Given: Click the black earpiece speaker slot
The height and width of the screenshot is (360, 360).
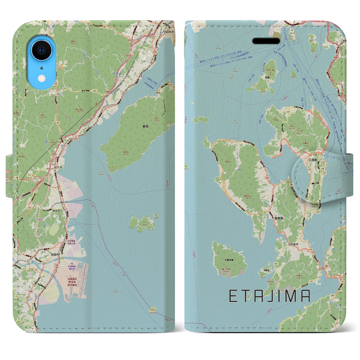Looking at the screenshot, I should click(x=266, y=41).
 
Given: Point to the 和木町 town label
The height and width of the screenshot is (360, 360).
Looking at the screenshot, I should click(x=56, y=210).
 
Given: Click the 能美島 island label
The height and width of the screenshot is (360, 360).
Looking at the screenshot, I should click(x=278, y=218).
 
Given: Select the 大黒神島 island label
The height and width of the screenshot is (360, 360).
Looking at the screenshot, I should click(x=228, y=260).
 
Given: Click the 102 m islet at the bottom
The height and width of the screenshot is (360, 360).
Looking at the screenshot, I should click(x=153, y=310).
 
